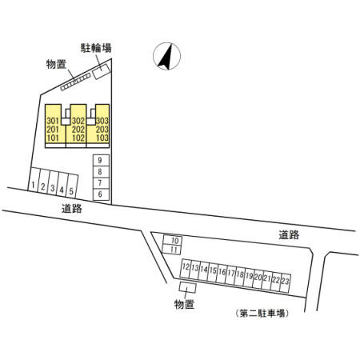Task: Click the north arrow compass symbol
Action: (166, 56)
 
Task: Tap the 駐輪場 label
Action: (96, 48)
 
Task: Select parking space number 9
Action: (101, 160)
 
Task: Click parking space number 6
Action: (101, 194)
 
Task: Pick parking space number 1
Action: (34, 179)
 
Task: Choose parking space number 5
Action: (72, 186)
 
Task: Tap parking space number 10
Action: (173, 240)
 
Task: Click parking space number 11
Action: (173, 249)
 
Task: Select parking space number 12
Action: (186, 268)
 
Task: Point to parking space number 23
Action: (285, 283)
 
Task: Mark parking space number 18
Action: (239, 276)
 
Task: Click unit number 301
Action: (53, 121)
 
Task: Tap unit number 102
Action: (78, 138)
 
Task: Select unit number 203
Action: (102, 130)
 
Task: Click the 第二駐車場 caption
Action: (262, 314)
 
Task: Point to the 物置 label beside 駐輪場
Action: (56, 64)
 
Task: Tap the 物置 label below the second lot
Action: (184, 304)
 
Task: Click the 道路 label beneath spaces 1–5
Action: (72, 209)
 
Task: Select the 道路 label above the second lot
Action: (289, 235)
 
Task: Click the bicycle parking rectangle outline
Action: (102, 71)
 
